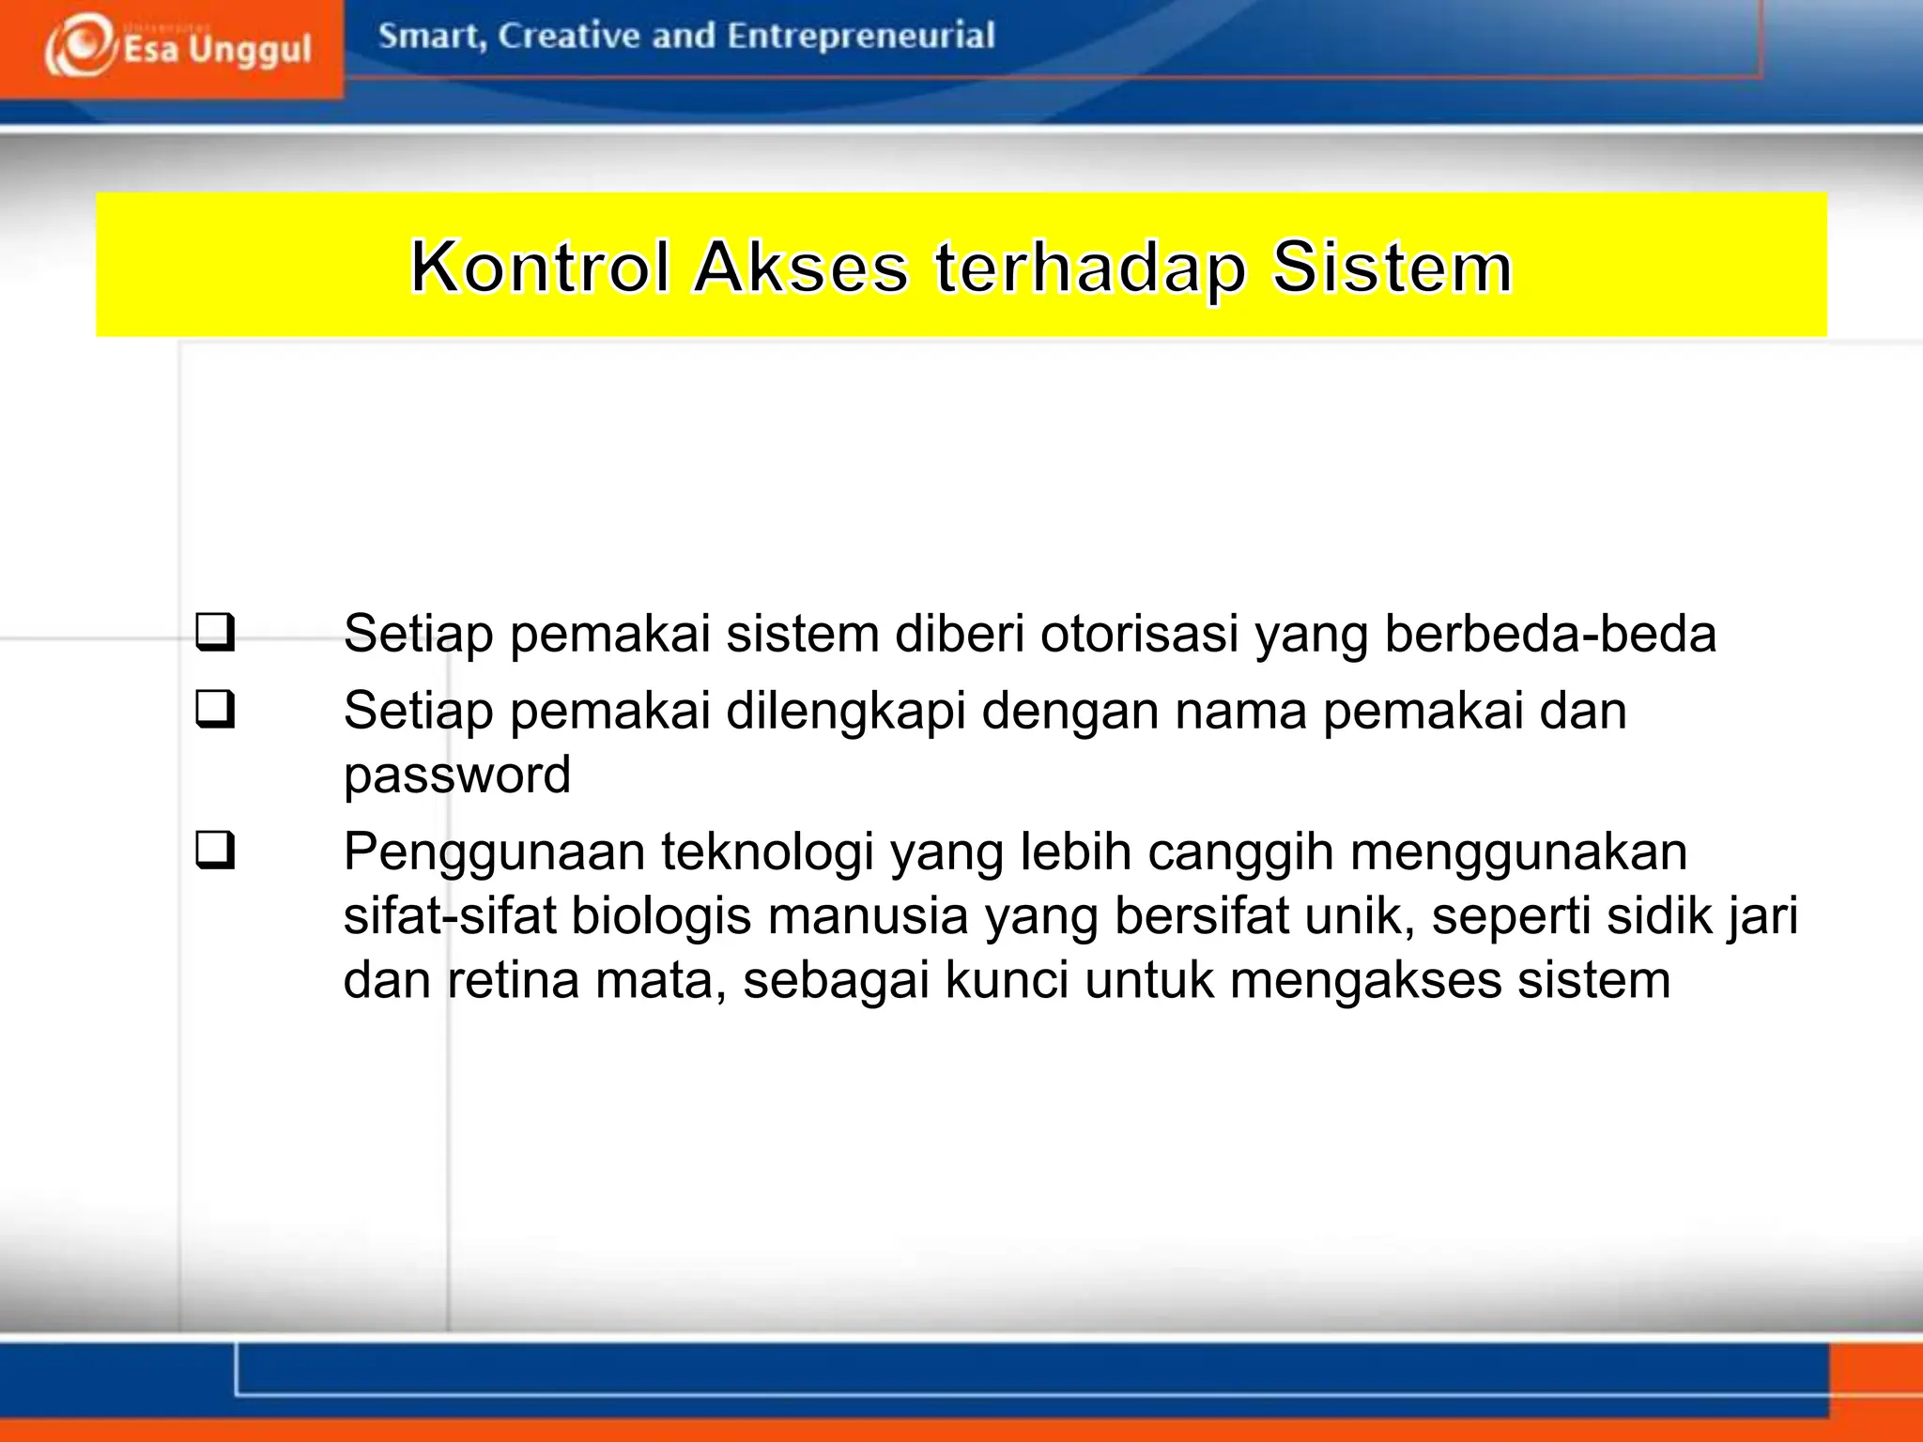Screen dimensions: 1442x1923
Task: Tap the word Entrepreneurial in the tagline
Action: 860,37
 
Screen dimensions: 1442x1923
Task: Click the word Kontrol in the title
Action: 541,268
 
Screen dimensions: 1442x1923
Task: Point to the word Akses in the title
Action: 801,268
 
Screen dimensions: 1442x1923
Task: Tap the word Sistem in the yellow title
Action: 1392,268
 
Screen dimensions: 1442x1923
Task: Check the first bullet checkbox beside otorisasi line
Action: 215,634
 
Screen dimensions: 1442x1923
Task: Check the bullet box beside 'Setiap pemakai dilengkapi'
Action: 215,711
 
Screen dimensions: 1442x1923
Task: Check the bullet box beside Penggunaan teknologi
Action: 215,851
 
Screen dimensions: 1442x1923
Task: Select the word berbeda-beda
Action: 1550,634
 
